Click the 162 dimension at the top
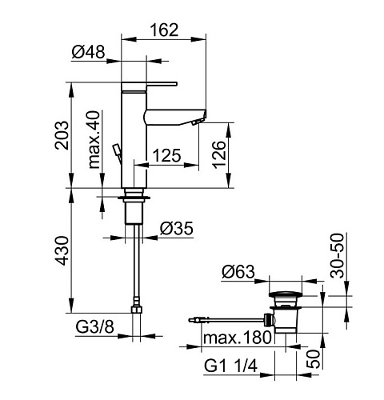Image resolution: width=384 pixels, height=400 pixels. (164, 30)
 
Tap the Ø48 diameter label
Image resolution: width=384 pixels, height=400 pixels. (88, 51)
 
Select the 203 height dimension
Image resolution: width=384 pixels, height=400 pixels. (62, 135)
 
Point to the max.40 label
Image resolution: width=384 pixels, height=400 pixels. (94, 140)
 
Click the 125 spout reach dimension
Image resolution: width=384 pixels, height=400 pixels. (166, 155)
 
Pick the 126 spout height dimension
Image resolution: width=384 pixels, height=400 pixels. (219, 154)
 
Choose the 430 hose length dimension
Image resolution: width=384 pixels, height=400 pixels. (62, 250)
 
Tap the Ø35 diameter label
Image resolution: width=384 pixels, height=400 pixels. (177, 229)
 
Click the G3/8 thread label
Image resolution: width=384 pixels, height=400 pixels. (94, 326)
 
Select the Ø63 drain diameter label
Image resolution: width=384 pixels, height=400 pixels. (238, 272)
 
